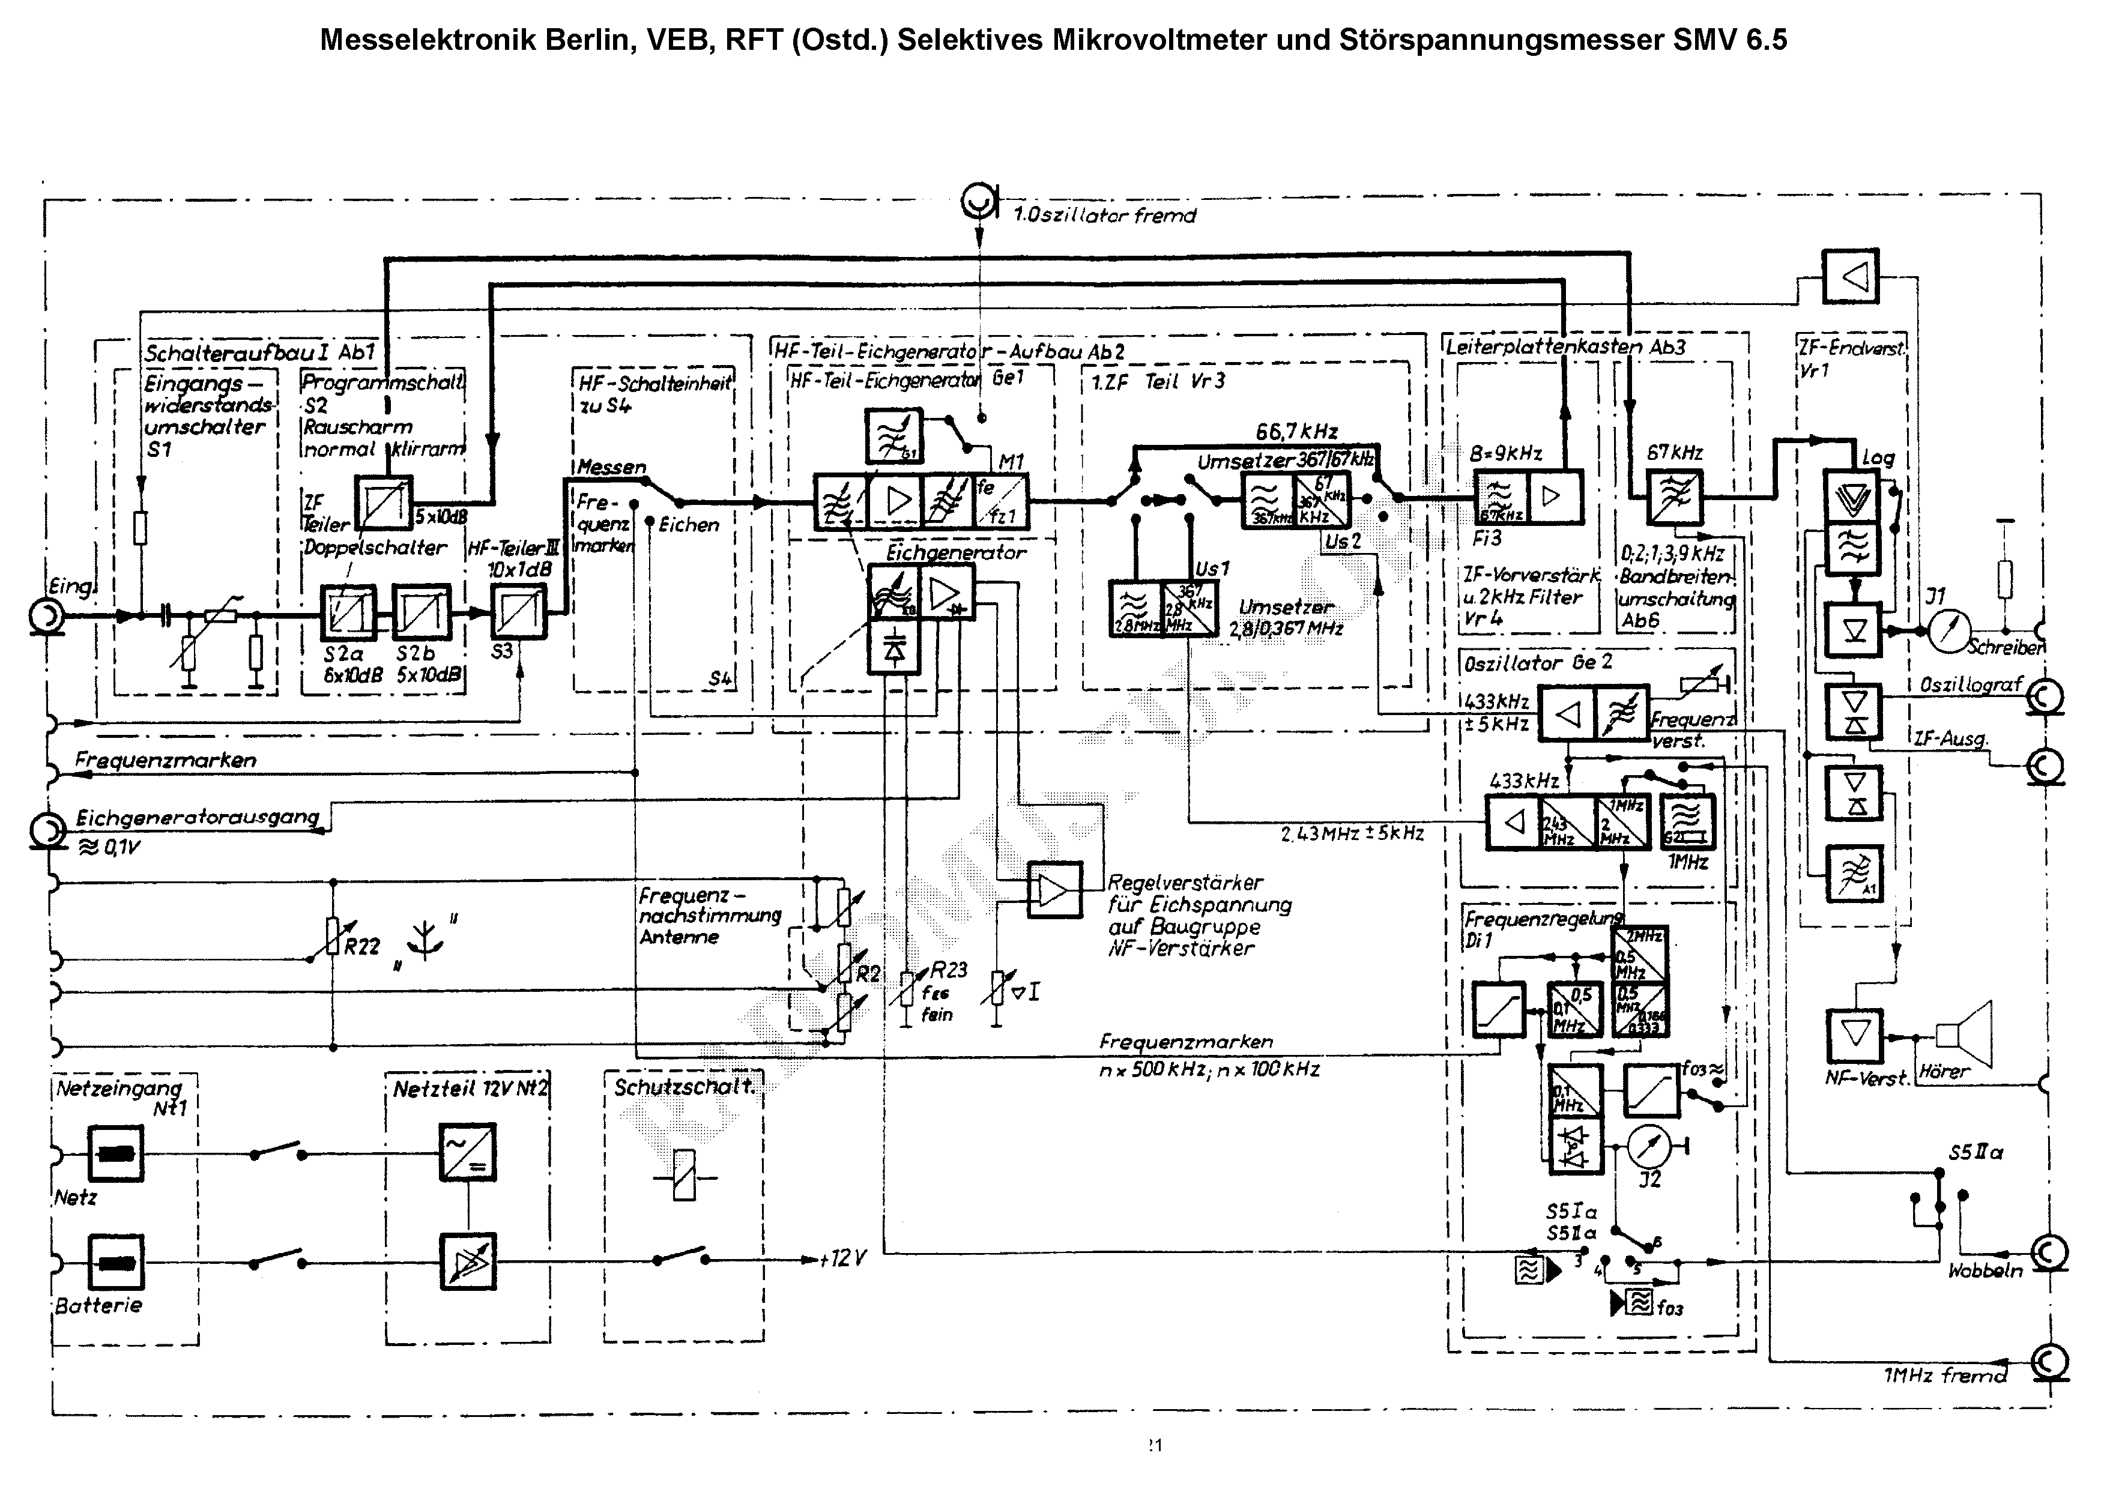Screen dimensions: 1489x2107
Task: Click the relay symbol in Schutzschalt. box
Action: tap(684, 1177)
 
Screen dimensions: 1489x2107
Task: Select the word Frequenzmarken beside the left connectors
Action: tap(165, 760)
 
